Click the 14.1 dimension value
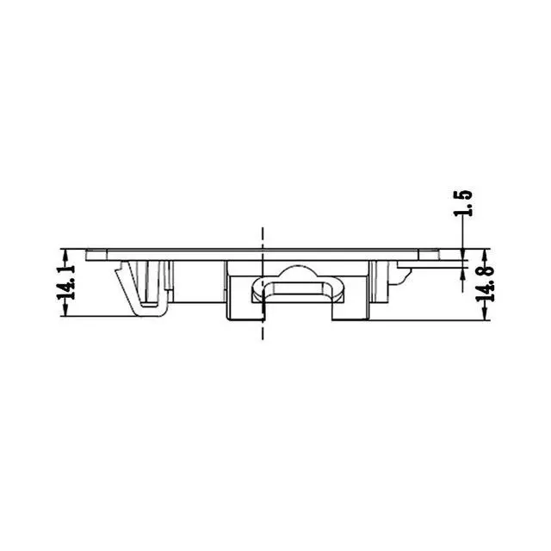pyautogui.click(x=66, y=283)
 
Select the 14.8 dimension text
pyautogui.click(x=486, y=283)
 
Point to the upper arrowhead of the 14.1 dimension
pyautogui.click(x=65, y=254)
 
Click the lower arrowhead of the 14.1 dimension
pyautogui.click(x=65, y=311)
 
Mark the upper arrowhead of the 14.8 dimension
pyautogui.click(x=486, y=254)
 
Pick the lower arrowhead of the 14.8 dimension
pyautogui.click(x=486, y=315)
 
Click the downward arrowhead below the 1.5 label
pyautogui.click(x=463, y=254)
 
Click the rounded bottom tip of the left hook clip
pyautogui.click(x=152, y=313)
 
